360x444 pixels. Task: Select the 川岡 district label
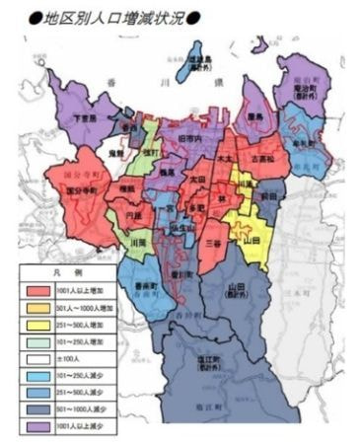[x=138, y=239]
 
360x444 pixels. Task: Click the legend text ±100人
[x=76, y=355]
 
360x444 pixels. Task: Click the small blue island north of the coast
[x=193, y=61]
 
